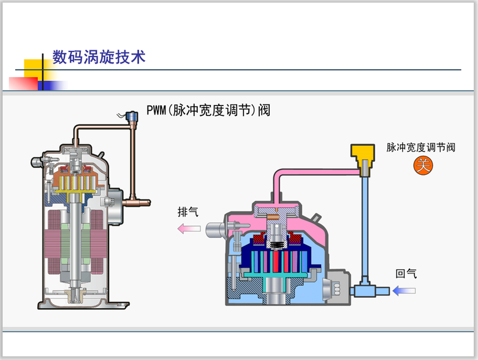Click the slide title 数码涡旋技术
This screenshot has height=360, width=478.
98,58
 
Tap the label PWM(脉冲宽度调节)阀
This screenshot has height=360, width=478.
208,110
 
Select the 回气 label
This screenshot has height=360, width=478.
406,274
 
